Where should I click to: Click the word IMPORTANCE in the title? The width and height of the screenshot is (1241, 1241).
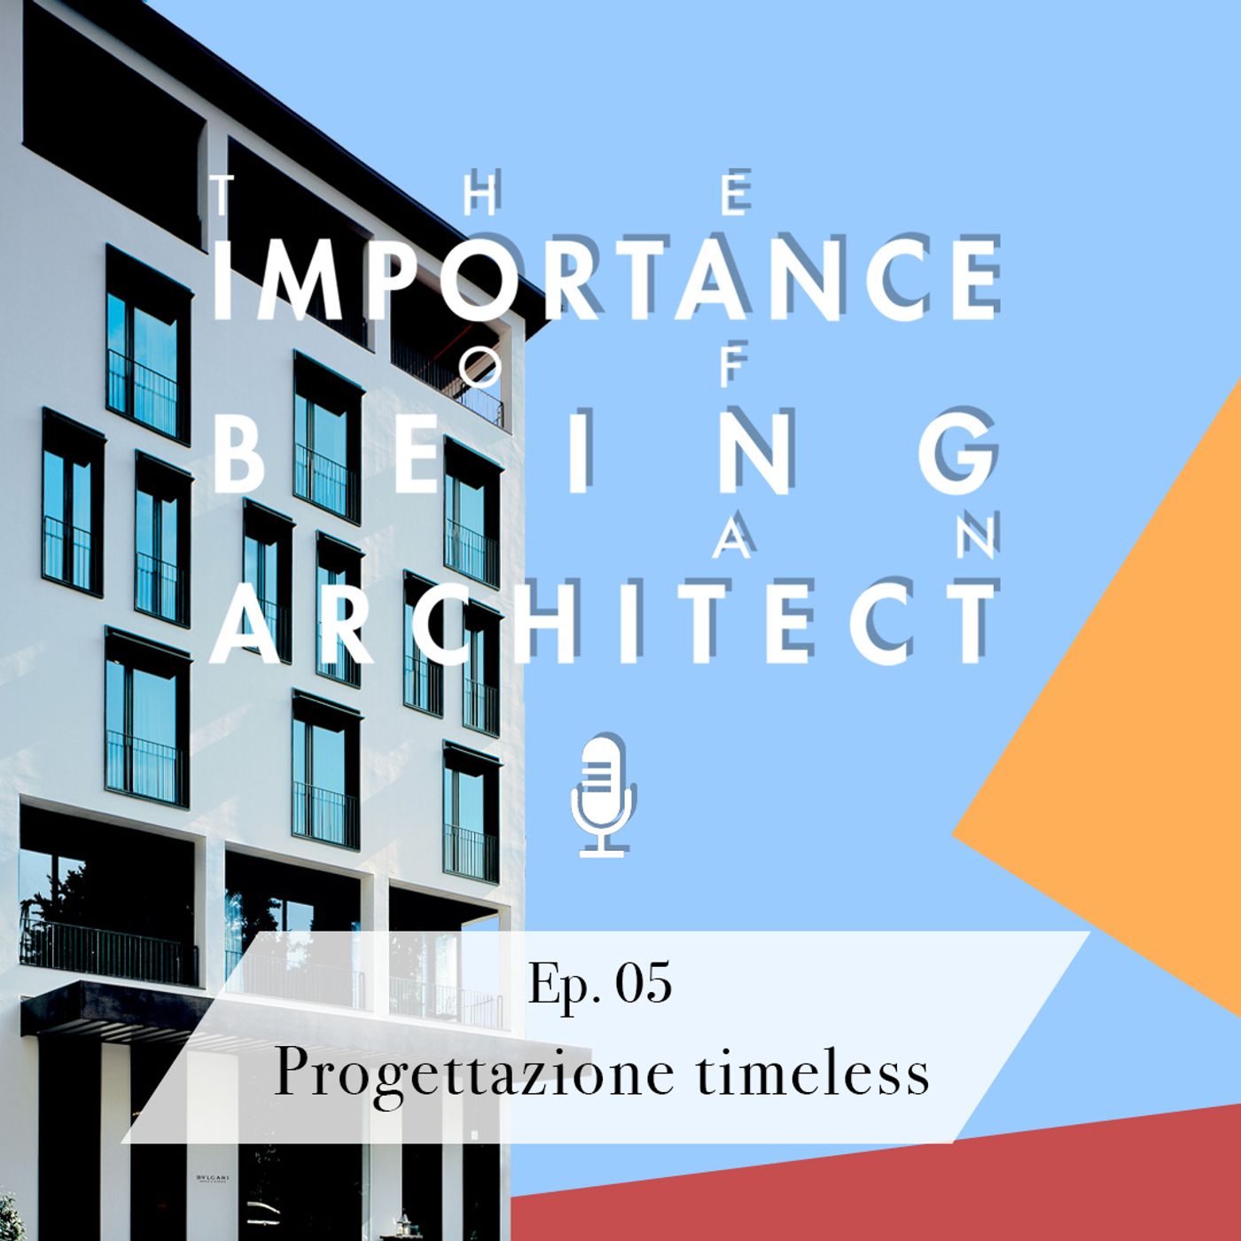(x=605, y=277)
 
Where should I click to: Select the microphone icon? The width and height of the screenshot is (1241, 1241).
(x=603, y=794)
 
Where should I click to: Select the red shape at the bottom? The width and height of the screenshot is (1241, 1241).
(x=886, y=1188)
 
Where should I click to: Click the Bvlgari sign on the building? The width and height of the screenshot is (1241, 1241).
(x=213, y=1178)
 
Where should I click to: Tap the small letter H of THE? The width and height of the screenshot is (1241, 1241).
(x=480, y=195)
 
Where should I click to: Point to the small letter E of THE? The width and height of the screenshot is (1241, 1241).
(x=736, y=195)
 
